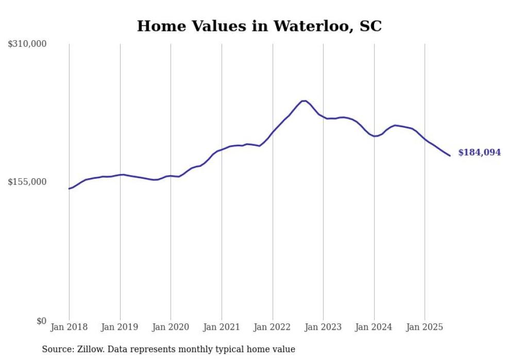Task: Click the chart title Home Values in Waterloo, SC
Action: click(x=259, y=26)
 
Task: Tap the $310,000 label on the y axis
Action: click(x=27, y=44)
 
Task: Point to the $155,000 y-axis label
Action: click(x=27, y=182)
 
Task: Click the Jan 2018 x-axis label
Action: click(x=69, y=327)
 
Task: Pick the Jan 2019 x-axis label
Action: click(x=120, y=327)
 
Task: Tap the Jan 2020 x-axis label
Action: click(x=171, y=327)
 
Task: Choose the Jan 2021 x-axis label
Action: click(x=222, y=327)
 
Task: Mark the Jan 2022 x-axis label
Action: click(x=273, y=327)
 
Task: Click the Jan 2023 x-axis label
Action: click(x=323, y=327)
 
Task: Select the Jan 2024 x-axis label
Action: click(x=374, y=327)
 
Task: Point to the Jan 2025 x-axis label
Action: click(x=425, y=327)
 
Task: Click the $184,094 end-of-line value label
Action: click(x=479, y=152)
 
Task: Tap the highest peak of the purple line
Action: click(x=304, y=101)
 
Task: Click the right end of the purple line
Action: click(x=450, y=156)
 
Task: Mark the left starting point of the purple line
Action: click(x=69, y=188)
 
